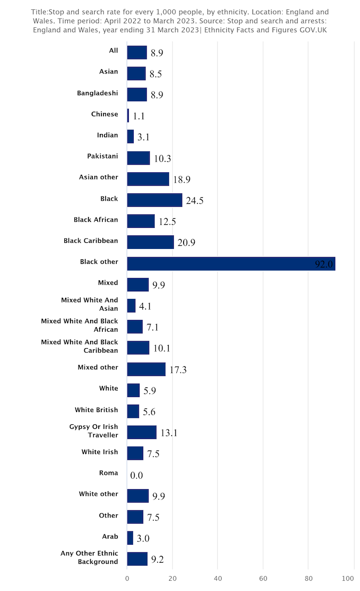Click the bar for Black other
pos(231,263)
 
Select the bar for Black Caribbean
pos(150,242)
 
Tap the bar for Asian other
pos(148,179)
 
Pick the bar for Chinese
pos(128,116)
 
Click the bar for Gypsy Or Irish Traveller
pos(141,432)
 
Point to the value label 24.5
pos(195,201)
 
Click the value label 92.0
pos(325,264)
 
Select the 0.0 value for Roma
pos(136,475)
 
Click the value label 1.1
pos(139,116)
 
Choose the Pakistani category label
pos(102,156)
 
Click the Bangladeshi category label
pos(97,93)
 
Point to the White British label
pos(96,410)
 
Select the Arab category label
pos(110,536)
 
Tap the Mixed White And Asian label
pos(89,304)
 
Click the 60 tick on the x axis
pos(263,578)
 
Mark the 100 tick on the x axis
pos(353,578)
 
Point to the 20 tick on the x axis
pos(172,578)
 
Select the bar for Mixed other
pos(146,369)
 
